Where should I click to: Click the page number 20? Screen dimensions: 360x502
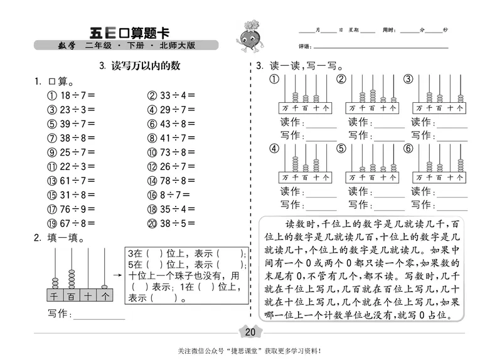(x=251, y=332)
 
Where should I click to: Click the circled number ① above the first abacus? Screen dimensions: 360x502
(x=274, y=79)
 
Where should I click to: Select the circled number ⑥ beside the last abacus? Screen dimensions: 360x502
(x=408, y=149)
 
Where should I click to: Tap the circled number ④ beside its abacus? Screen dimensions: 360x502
(x=274, y=149)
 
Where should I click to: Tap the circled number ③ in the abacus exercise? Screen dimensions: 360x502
(x=408, y=79)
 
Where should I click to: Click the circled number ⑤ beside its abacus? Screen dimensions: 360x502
(x=341, y=149)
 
